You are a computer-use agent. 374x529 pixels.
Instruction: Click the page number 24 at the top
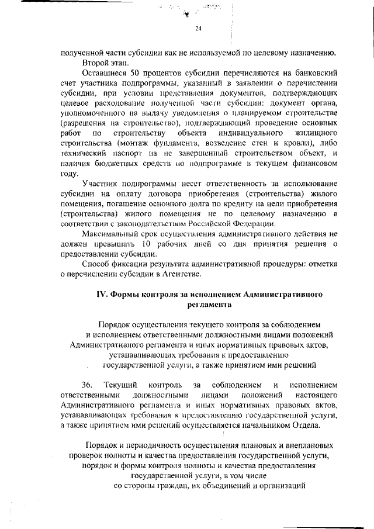pyautogui.click(x=198, y=29)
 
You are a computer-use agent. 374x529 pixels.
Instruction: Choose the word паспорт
pyautogui.click(x=122, y=153)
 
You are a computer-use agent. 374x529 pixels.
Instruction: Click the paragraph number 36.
pyautogui.click(x=88, y=385)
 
